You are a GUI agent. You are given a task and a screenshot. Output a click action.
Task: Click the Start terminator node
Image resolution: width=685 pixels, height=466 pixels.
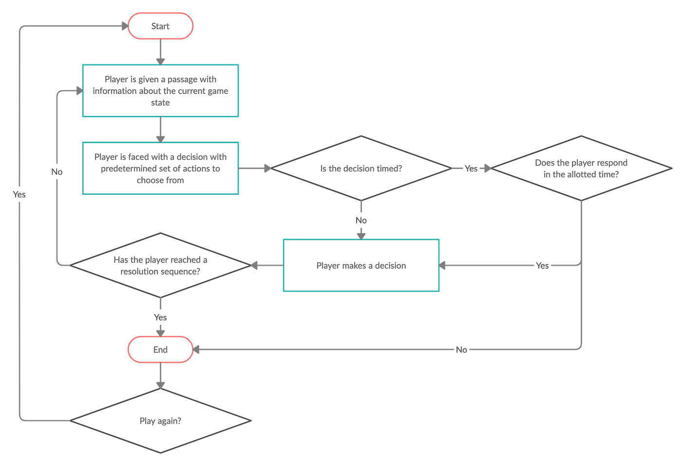click(160, 26)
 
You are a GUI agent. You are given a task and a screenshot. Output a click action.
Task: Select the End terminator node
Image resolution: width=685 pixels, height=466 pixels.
click(160, 350)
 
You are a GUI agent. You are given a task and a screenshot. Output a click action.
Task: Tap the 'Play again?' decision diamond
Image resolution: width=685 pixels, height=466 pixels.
click(160, 421)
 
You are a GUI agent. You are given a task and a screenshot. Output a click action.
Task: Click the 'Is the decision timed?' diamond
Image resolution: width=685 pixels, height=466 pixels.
click(361, 168)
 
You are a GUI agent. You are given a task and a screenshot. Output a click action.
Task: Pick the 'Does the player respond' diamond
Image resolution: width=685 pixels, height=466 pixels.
click(581, 168)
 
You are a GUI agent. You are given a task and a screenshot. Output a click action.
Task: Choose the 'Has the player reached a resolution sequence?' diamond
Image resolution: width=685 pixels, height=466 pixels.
click(160, 265)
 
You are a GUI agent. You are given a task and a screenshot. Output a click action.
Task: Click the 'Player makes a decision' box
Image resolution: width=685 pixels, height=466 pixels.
click(361, 265)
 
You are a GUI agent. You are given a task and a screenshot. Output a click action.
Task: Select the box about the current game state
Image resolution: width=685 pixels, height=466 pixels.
click(160, 91)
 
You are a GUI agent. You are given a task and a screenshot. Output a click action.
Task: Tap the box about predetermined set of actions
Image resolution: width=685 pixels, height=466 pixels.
click(160, 168)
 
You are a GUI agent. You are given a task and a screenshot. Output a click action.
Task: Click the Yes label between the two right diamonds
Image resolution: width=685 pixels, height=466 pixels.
click(471, 168)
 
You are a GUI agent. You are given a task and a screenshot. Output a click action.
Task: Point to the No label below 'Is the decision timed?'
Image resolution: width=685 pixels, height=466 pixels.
click(361, 221)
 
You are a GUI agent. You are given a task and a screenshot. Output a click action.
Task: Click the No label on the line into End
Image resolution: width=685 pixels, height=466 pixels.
click(461, 350)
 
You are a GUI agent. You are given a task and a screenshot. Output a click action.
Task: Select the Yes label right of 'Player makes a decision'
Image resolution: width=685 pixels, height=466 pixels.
click(542, 265)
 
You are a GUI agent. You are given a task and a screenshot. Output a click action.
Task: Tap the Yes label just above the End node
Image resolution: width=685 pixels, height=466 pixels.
click(160, 317)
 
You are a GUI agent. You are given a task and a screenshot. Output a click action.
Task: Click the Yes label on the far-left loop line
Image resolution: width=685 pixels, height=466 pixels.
click(19, 194)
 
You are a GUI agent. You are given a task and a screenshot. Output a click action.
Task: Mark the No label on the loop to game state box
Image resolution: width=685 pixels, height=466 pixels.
click(57, 171)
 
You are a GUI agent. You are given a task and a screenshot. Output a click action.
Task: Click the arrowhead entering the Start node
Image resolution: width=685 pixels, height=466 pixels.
click(123, 26)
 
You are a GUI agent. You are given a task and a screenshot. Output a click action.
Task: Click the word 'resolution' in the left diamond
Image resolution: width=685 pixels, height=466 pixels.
click(141, 271)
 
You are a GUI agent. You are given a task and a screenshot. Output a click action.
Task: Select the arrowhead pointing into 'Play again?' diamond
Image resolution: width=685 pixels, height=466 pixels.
click(160, 384)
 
